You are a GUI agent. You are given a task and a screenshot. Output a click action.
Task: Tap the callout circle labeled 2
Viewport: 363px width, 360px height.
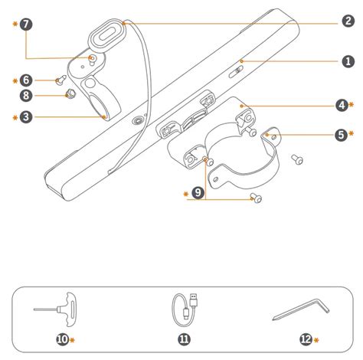(347, 22)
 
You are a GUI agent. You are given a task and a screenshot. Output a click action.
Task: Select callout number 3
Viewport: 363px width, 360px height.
(26, 117)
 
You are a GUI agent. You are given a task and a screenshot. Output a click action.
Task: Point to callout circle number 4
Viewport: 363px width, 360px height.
(342, 104)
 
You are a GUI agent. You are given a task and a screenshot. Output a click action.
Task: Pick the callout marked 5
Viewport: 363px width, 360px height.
(342, 135)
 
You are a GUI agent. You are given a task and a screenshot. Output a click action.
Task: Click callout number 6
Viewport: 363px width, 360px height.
(26, 80)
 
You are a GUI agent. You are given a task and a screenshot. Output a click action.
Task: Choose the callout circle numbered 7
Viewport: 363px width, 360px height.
(26, 25)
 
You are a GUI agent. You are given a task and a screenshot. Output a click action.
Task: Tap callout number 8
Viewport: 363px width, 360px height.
(26, 96)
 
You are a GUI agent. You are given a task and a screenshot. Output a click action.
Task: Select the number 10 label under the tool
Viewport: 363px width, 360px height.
(60, 339)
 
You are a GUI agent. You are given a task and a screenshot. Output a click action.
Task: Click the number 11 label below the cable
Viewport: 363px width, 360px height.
(184, 339)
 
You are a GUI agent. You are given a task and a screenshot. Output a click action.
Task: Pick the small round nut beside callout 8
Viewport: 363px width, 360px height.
(68, 93)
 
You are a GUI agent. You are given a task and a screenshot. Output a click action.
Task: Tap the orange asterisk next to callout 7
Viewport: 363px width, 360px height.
(15, 25)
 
